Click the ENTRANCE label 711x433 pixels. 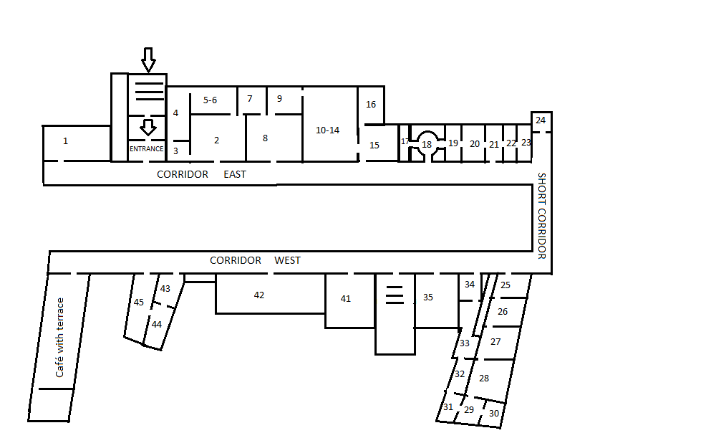(147, 149)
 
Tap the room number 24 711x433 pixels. (541, 120)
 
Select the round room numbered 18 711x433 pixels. (427, 144)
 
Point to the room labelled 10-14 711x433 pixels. (327, 130)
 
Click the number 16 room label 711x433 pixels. (371, 105)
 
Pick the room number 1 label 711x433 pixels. (65, 141)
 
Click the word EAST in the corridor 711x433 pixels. (234, 174)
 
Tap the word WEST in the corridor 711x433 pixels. (288, 260)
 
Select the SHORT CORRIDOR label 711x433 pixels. (541, 216)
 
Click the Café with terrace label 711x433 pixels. (59, 338)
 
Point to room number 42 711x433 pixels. (259, 295)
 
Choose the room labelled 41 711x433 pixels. (346, 299)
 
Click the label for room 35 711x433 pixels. (428, 298)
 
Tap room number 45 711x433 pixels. (139, 303)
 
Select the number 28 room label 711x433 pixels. (484, 378)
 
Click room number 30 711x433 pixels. (494, 414)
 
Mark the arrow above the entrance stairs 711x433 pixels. (148, 60)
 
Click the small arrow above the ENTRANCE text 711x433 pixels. (147, 128)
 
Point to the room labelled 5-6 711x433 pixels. (210, 100)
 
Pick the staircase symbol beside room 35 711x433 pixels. (395, 295)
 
